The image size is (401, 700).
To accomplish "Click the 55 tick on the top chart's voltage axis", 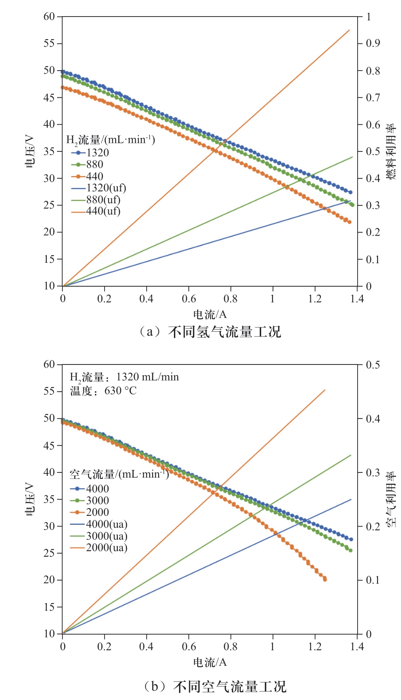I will (49, 43).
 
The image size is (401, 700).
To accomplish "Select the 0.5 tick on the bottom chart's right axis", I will (373, 365).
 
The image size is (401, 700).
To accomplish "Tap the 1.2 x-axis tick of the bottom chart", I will (315, 646).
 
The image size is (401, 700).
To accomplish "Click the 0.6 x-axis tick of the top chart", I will (189, 299).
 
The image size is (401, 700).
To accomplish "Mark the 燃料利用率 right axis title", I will (391, 151).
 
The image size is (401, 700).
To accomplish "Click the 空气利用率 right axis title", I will (391, 499).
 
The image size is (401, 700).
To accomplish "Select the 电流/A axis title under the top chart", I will (210, 315).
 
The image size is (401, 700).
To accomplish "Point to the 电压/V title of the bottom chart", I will (30, 499).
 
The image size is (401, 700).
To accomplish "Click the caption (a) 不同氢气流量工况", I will (210, 332).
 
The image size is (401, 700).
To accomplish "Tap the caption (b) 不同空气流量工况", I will (215, 686).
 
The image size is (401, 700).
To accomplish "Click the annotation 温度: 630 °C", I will (103, 391).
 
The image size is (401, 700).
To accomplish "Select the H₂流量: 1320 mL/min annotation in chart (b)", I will (124, 377).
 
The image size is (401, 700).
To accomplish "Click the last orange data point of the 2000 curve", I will (325, 579).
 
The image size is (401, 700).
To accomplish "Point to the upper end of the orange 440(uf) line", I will (349, 30).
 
